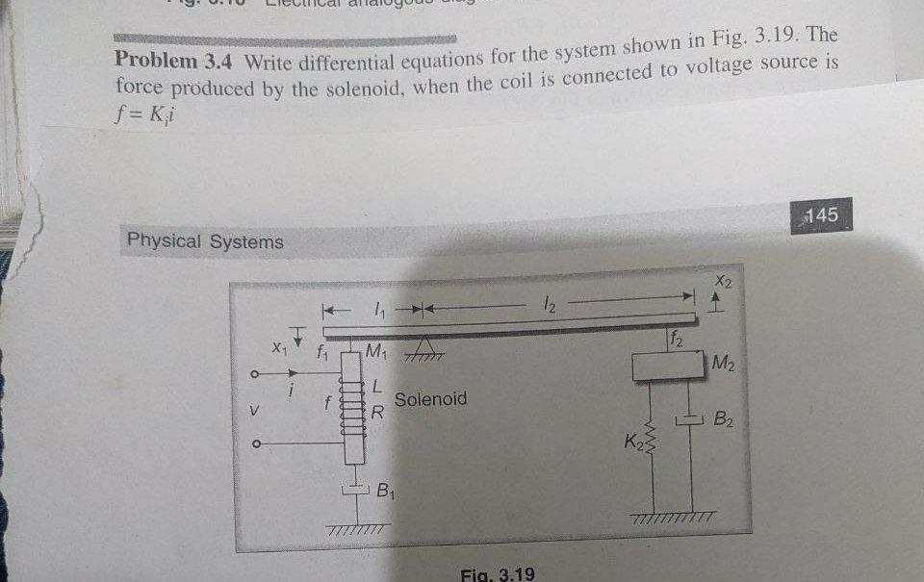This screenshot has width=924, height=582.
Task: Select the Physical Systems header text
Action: (205, 241)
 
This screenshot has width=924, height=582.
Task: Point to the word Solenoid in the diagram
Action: (430, 398)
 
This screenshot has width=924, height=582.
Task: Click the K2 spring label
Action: (633, 443)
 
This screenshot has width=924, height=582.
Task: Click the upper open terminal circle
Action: (255, 375)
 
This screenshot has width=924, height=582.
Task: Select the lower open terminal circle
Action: (255, 444)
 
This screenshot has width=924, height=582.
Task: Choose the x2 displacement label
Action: (724, 280)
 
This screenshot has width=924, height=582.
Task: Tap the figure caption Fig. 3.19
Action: (498, 573)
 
